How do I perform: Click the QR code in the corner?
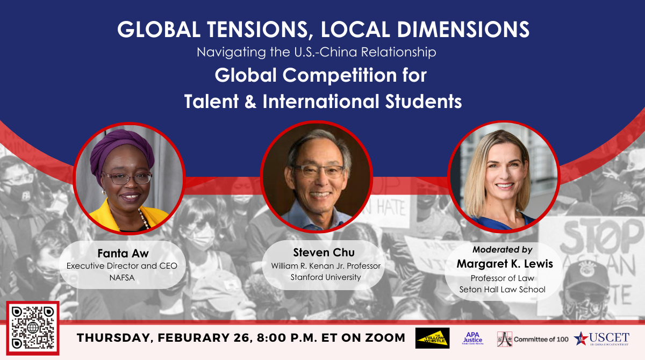(33, 328)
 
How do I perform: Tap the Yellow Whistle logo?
(432, 338)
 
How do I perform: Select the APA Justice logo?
(473, 338)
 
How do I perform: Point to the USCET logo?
(601, 339)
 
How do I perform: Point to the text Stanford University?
(326, 277)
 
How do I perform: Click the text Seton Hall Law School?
(502, 290)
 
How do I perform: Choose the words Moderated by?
(502, 250)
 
